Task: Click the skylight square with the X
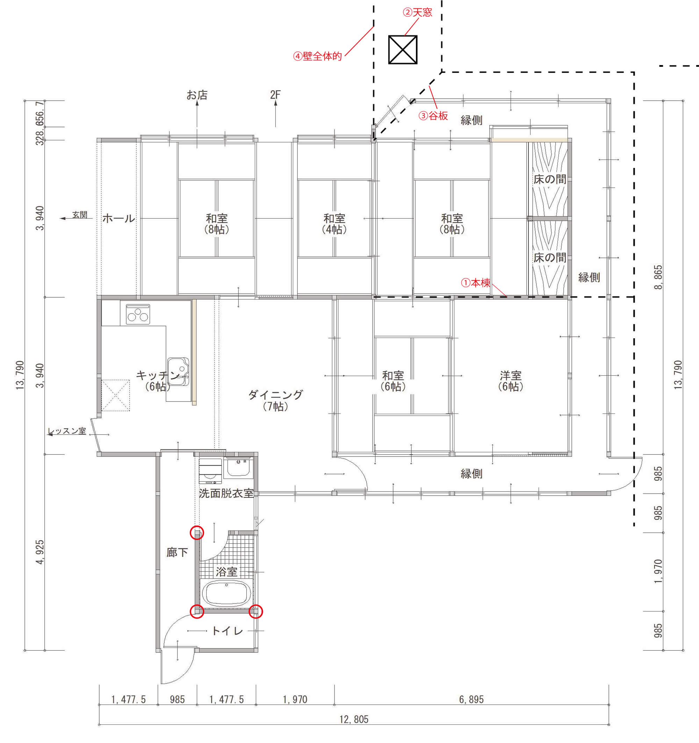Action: pos(403,50)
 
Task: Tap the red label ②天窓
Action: pos(417,13)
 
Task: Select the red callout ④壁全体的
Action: pos(317,56)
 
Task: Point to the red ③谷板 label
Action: pos(433,116)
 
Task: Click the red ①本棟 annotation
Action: pos(475,283)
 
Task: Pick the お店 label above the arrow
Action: pos(197,95)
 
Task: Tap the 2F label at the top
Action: pos(275,95)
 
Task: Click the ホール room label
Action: pos(119,218)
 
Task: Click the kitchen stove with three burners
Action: pos(138,314)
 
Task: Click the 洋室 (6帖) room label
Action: pos(510,381)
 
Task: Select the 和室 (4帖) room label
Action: pos(334,224)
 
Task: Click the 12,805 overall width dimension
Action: pos(354,719)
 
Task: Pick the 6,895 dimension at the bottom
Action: pos(471,699)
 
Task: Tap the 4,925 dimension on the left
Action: pos(39,552)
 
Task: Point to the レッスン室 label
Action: pos(67,431)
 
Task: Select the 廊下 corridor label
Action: pos(177,552)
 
